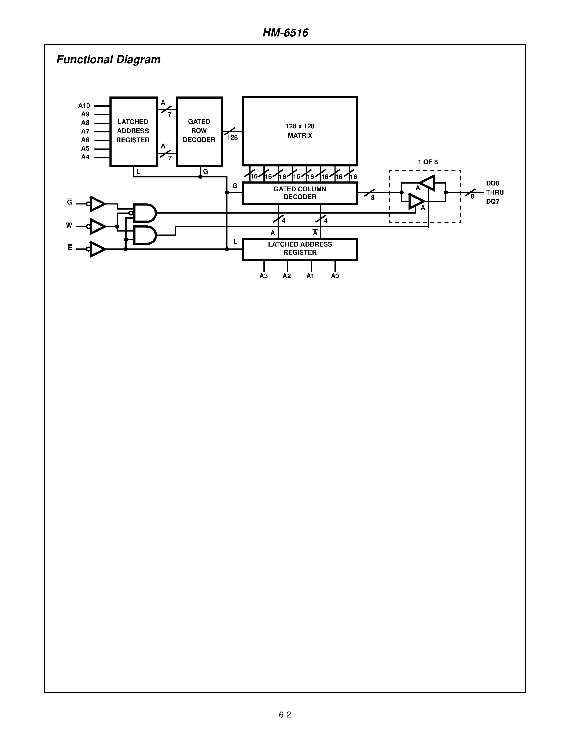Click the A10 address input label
click(x=84, y=106)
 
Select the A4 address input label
click(x=85, y=157)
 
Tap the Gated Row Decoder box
click(x=199, y=132)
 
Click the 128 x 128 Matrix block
click(x=300, y=131)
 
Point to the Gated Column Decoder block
click(x=300, y=193)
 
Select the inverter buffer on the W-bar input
click(x=98, y=226)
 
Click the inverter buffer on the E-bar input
click(x=98, y=249)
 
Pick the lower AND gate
click(x=145, y=235)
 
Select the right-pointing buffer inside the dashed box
click(x=416, y=202)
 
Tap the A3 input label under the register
click(x=264, y=276)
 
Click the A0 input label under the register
click(x=335, y=276)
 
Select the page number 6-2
click(x=285, y=714)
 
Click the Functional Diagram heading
click(x=108, y=60)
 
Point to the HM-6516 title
click(x=285, y=33)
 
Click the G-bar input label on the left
click(x=69, y=202)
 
